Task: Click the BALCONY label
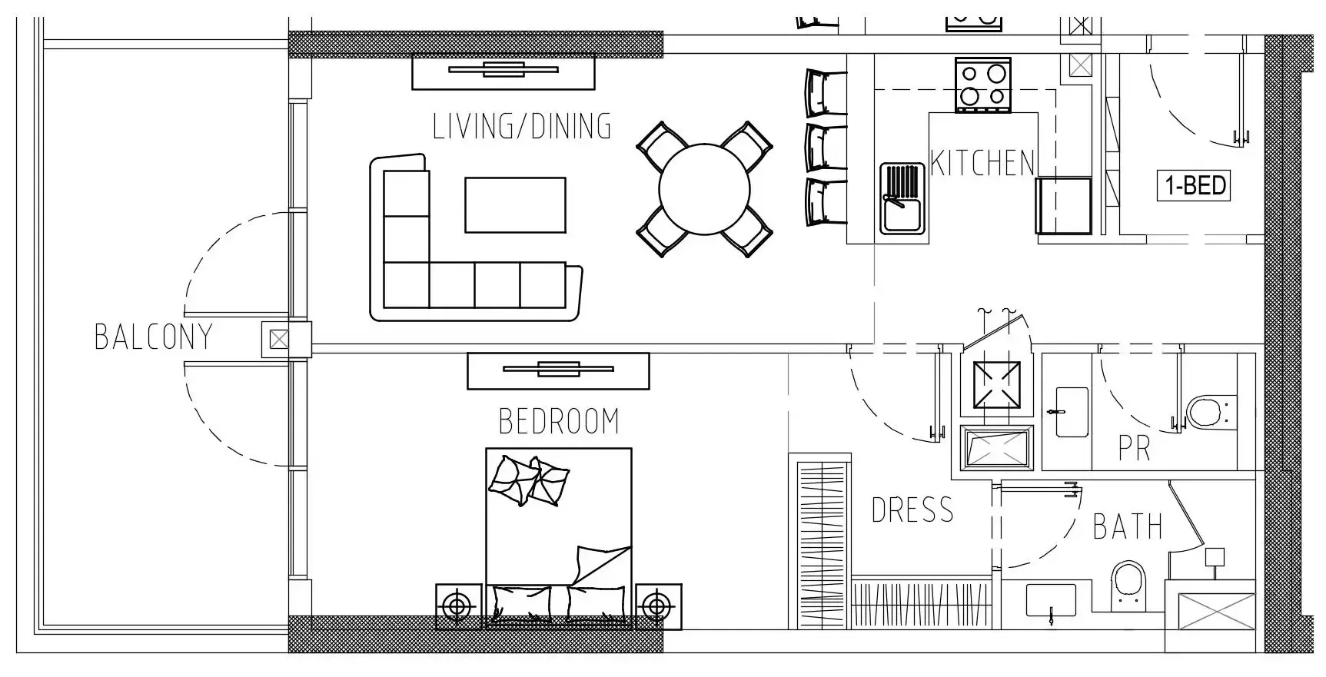pyautogui.click(x=153, y=337)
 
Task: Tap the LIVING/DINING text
pyautogui.click(x=522, y=127)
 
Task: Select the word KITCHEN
pyautogui.click(x=982, y=163)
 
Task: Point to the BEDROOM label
pyautogui.click(x=559, y=421)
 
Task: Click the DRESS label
pyautogui.click(x=912, y=510)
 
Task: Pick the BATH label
pyautogui.click(x=1128, y=527)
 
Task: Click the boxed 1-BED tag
pyautogui.click(x=1194, y=186)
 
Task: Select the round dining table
pyautogui.click(x=704, y=189)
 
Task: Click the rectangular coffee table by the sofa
pyautogui.click(x=515, y=205)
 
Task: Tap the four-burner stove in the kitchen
pyautogui.click(x=983, y=85)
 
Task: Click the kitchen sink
pyautogui.click(x=902, y=198)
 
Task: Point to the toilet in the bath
pyautogui.click(x=1128, y=585)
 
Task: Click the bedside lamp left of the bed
pyautogui.click(x=459, y=607)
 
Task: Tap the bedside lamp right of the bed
pyautogui.click(x=658, y=607)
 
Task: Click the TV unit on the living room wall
pyautogui.click(x=503, y=71)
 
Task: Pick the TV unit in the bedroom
pyautogui.click(x=558, y=370)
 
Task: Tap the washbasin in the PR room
pyautogui.click(x=1072, y=412)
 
